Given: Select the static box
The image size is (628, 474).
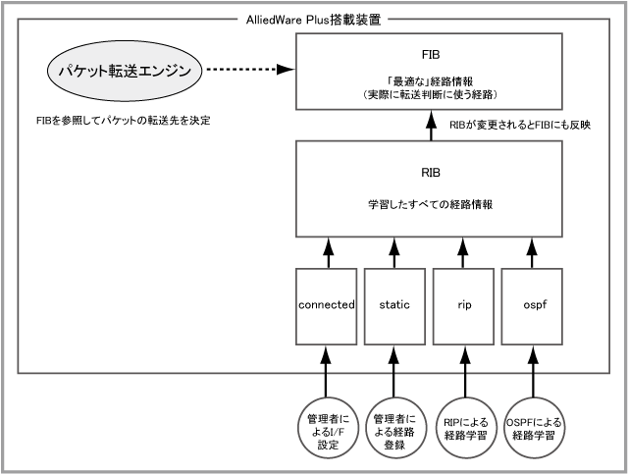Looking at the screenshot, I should [393, 305].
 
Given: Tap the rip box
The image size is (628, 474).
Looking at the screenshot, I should [464, 305].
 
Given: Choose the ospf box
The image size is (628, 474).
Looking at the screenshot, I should [534, 305].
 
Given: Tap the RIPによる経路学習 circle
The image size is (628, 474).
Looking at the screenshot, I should [464, 427].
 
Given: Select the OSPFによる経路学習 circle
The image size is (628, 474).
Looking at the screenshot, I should [534, 427].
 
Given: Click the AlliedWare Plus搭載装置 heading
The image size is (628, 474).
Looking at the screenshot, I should [313, 18].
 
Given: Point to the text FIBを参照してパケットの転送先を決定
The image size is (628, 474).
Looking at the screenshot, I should [122, 122].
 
